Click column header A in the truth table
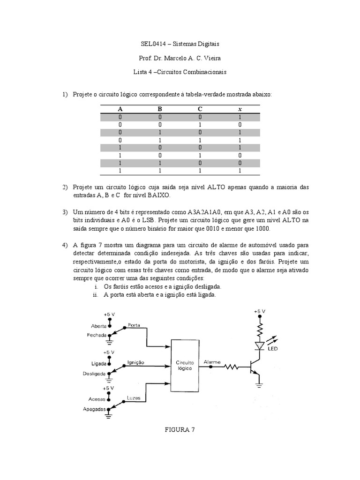pyautogui.click(x=120, y=109)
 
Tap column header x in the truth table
pyautogui.click(x=240, y=109)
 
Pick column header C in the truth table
pyautogui.click(x=200, y=109)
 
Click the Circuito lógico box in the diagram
pyautogui.click(x=184, y=366)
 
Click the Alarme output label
pyautogui.click(x=212, y=362)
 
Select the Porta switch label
pyautogui.click(x=134, y=325)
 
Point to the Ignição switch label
pyautogui.click(x=135, y=362)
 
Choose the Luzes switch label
pyautogui.click(x=134, y=398)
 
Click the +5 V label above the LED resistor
pyautogui.click(x=260, y=311)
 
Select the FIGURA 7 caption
pyautogui.click(x=180, y=429)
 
